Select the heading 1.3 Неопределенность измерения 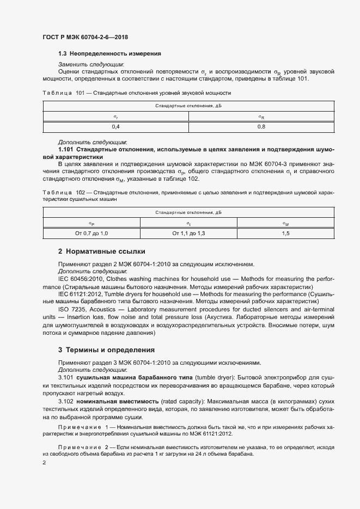point(109,54)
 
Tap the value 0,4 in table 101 point(116,127)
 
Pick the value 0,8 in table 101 point(261,127)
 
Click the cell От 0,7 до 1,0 point(91,233)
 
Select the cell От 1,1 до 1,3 point(188,233)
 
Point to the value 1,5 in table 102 point(285,233)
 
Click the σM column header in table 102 point(285,223)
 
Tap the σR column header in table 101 point(261,117)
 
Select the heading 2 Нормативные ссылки point(102,252)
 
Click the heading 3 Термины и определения point(106,349)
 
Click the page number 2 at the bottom point(44,463)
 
